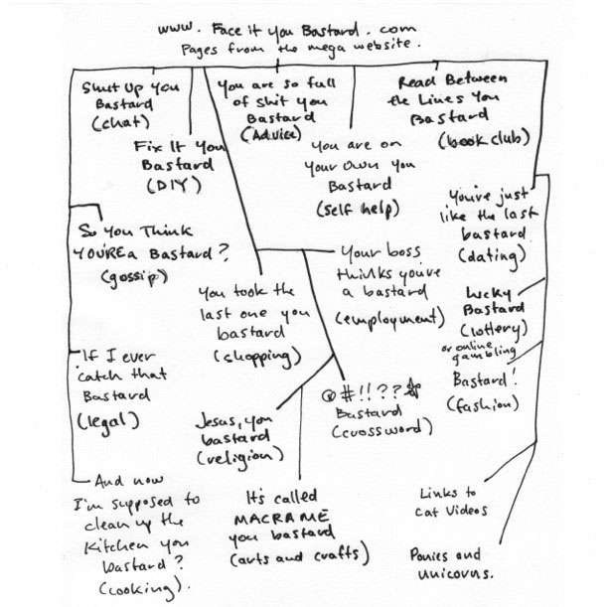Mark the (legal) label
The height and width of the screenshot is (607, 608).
point(106,419)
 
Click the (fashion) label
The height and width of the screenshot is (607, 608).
point(484,404)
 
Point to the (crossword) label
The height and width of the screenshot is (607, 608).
point(381,430)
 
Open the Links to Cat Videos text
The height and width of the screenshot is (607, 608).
point(452,502)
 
